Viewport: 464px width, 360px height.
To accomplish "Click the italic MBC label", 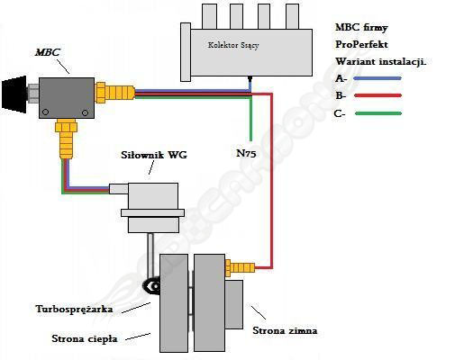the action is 48,52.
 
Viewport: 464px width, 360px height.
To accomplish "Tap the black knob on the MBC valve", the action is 14,94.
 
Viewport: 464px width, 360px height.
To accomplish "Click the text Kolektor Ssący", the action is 233,45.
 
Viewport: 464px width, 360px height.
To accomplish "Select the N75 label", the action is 246,153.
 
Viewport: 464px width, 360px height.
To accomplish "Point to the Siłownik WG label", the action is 154,155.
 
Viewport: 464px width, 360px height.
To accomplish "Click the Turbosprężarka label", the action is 74,310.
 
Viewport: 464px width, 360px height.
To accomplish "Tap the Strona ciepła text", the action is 85,338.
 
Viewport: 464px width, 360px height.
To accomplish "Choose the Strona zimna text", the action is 285,330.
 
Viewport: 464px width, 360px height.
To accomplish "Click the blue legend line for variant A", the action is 378,78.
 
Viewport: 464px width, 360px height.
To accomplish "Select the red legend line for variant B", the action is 378,95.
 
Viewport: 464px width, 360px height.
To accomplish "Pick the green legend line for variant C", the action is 378,113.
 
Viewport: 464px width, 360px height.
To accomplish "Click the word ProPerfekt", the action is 361,44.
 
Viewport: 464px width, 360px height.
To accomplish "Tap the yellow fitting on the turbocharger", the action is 240,267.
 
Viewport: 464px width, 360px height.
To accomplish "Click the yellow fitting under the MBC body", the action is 67,139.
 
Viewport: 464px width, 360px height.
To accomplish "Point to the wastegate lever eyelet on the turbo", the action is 154,286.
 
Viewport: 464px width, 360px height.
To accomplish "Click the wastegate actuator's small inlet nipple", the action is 119,189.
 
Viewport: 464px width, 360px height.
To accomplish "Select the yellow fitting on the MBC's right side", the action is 114,93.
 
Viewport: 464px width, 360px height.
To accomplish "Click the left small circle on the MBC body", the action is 45,112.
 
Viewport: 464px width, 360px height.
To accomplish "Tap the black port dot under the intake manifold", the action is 250,78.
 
